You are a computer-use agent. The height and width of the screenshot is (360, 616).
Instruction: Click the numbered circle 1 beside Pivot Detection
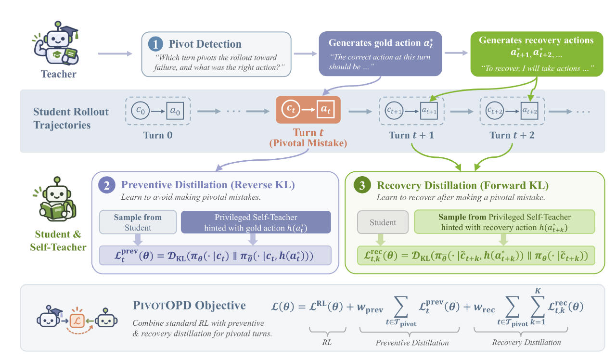pyautogui.click(x=155, y=44)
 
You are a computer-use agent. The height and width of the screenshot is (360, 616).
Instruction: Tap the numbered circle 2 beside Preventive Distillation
pyautogui.click(x=107, y=185)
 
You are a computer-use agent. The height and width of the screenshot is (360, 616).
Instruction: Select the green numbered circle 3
pyautogui.click(x=362, y=185)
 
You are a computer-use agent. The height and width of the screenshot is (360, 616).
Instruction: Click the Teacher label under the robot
pyautogui.click(x=59, y=74)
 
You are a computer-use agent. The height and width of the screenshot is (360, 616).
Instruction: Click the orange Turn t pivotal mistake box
pyautogui.click(x=308, y=110)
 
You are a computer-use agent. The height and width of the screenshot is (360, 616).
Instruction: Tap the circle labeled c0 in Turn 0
pyautogui.click(x=140, y=111)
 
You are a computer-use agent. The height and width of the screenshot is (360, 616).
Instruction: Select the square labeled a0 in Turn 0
pyautogui.click(x=175, y=111)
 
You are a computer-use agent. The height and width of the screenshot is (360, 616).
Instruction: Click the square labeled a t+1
pyautogui.click(x=429, y=111)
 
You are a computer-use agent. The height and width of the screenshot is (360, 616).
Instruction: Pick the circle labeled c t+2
pyautogui.click(x=494, y=111)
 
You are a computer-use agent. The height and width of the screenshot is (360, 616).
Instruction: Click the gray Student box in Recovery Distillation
pyautogui.click(x=383, y=222)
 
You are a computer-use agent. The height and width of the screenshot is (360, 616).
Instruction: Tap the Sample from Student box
pyautogui.click(x=138, y=222)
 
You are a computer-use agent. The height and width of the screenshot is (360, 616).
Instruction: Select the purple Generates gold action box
pyautogui.click(x=380, y=53)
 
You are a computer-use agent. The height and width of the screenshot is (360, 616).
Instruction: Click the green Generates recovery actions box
pyautogui.click(x=537, y=54)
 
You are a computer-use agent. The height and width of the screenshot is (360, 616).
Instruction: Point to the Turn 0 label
pyautogui.click(x=158, y=135)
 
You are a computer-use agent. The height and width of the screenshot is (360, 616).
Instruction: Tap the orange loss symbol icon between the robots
pyautogui.click(x=77, y=321)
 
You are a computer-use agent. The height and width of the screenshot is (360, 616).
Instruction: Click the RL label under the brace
pyautogui.click(x=327, y=342)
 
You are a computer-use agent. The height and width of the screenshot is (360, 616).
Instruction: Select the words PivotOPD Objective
pyautogui.click(x=189, y=306)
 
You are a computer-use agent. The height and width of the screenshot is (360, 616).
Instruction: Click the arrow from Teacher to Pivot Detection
pyautogui.click(x=115, y=53)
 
